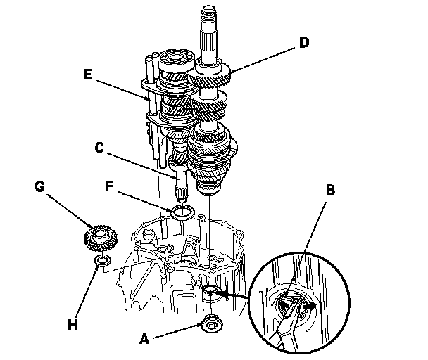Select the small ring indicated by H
[103, 263]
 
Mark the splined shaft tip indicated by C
[178, 188]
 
